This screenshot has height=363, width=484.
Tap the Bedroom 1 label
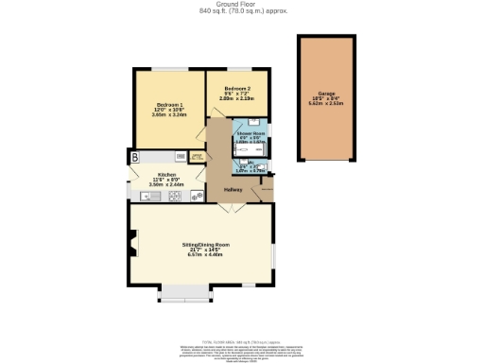coord(169,104)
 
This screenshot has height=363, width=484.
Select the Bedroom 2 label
coord(236,87)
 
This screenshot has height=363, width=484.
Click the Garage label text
coord(327,94)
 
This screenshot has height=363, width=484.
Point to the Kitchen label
coord(168,175)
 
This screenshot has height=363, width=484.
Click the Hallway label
coord(233,190)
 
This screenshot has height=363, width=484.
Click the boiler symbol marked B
coord(135,156)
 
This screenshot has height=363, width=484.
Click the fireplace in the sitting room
coord(133,249)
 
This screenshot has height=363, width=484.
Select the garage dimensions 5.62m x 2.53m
coord(327,105)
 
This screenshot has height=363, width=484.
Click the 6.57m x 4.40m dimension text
coord(206,255)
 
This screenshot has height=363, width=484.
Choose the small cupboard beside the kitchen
coord(198,156)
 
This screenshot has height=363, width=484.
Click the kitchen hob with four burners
coord(197,196)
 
